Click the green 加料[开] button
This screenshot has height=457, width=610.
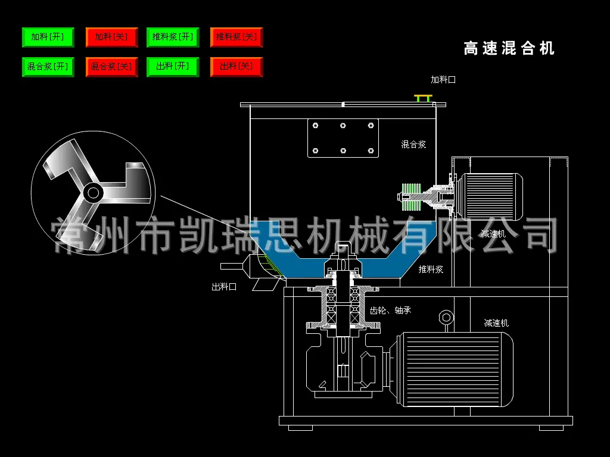click(x=48, y=37)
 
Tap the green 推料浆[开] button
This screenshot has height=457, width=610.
click(x=173, y=37)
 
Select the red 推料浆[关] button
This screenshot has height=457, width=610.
click(x=236, y=37)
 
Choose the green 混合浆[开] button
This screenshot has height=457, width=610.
click(x=48, y=67)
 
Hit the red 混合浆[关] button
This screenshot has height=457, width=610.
click(x=111, y=67)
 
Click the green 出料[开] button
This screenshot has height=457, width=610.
click(x=173, y=67)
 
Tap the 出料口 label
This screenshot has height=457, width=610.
click(x=224, y=287)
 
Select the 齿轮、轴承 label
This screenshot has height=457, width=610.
click(x=390, y=310)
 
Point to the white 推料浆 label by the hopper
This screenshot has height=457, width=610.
click(x=430, y=270)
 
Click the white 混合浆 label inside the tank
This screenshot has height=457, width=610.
click(x=413, y=145)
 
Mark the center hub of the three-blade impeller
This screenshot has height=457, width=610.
click(x=92, y=192)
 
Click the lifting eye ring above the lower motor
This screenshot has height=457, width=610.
click(x=444, y=318)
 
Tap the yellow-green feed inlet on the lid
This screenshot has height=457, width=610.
click(x=424, y=97)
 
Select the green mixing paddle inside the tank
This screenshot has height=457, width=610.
click(x=410, y=196)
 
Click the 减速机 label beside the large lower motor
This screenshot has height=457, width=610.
click(x=496, y=323)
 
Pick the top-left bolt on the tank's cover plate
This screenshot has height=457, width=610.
click(x=316, y=125)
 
